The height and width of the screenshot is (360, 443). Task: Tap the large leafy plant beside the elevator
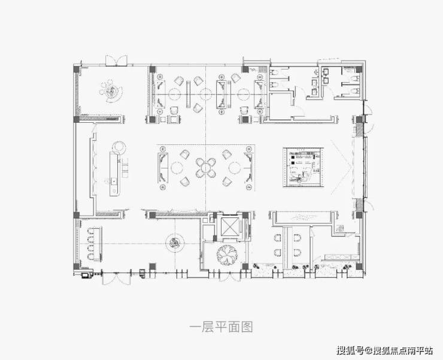228,255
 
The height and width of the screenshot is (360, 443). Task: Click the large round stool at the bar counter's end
119,146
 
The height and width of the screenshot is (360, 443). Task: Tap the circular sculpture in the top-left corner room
111,90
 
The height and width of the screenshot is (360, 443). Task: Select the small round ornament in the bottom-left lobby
174,241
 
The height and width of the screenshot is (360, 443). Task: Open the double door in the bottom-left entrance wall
114,277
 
